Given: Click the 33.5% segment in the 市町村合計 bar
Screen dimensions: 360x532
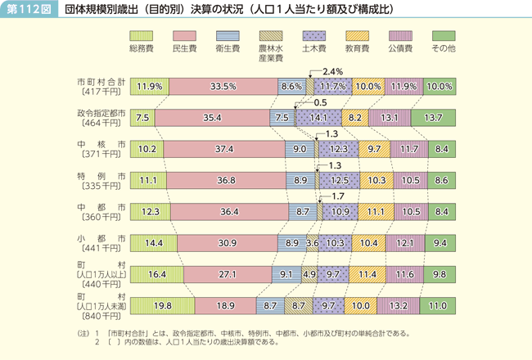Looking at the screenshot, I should [223, 86].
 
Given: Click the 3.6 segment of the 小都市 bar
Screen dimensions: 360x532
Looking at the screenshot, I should [312, 243].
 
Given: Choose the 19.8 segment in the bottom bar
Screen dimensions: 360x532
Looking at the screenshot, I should [160, 307].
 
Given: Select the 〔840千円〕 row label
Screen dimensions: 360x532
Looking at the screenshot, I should [101, 312].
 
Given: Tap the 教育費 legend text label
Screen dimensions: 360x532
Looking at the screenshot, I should [356, 49].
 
